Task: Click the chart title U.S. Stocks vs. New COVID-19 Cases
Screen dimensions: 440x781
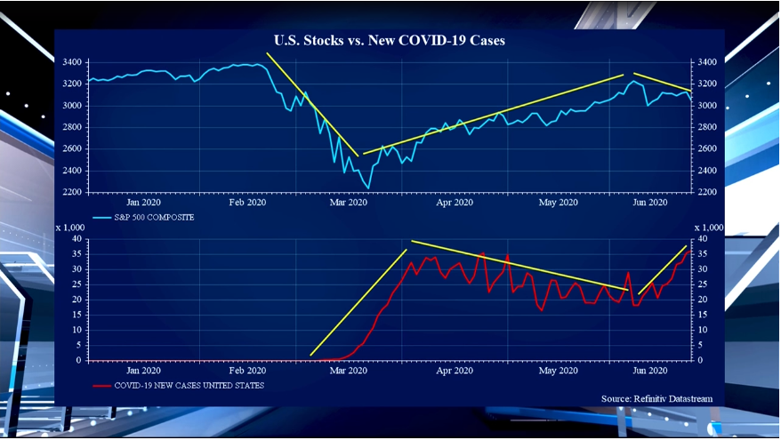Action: coord(390,41)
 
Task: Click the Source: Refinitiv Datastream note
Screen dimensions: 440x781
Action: coord(656,398)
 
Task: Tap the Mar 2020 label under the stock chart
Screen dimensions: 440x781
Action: coord(349,203)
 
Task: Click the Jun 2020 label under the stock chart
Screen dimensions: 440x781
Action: coord(650,203)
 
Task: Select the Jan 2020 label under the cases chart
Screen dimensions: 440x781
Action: coord(144,371)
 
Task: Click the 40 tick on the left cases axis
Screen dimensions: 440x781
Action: coord(77,239)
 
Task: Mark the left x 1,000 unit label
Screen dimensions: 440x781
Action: coord(70,228)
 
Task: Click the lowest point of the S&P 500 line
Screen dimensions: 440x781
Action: coord(367,188)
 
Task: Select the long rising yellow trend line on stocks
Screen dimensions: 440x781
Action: coord(494,115)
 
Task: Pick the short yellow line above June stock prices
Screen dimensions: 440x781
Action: coord(662,82)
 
